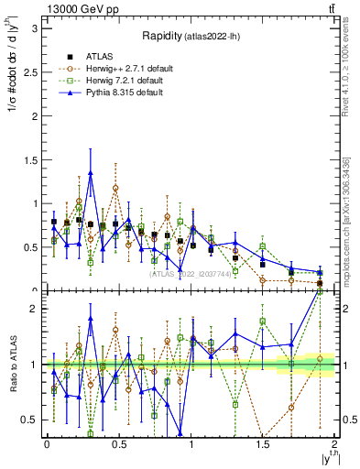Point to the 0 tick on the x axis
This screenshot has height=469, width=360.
point(47,444)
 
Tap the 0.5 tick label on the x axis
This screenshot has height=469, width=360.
point(118,444)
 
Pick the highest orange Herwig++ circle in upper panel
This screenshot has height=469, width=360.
point(115,188)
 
